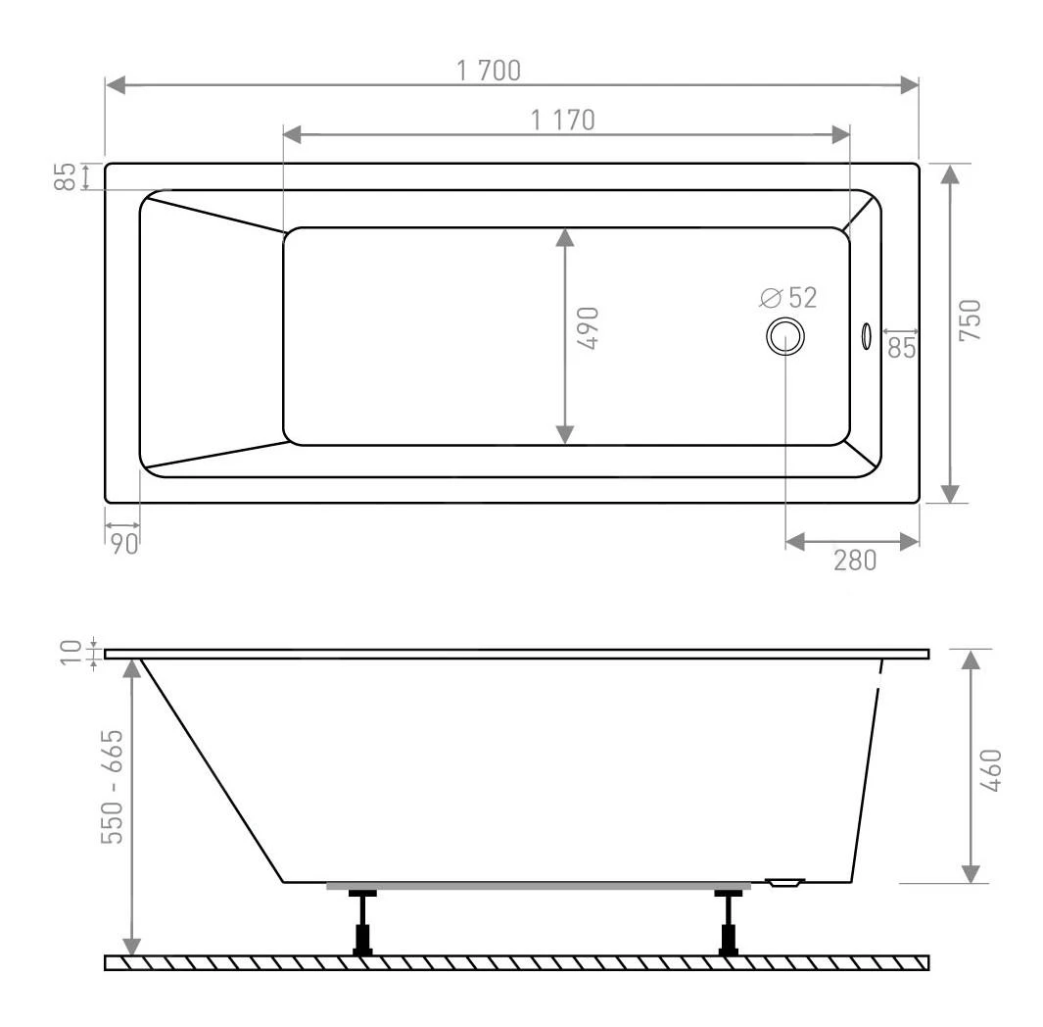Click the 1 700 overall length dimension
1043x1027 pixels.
coord(491,71)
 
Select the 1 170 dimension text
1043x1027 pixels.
coord(563,120)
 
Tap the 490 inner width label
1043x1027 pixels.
coord(590,329)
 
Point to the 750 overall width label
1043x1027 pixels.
coord(970,320)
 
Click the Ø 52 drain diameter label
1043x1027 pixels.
coord(788,297)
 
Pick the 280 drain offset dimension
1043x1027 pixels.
coord(854,560)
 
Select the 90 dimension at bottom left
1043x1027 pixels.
coord(123,545)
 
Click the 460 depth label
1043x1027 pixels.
coord(990,771)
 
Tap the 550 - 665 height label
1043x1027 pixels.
coord(115,787)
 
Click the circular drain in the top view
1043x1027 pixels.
coord(785,336)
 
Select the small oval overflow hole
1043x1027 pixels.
coord(865,336)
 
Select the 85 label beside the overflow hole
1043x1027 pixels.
coord(902,347)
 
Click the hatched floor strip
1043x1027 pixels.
coord(516,962)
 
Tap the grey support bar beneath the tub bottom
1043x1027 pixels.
coord(538,887)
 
